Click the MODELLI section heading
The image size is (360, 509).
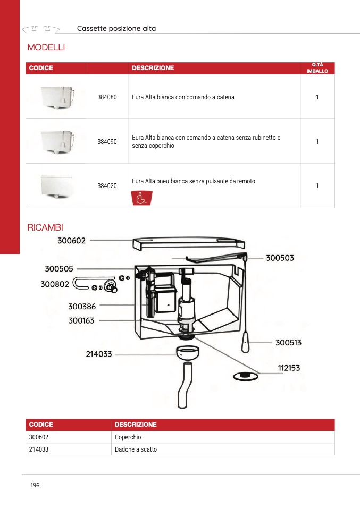click(x=46, y=48)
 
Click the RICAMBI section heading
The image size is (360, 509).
click(x=45, y=228)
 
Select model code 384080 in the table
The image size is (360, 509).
click(x=107, y=97)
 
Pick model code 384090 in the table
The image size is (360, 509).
click(x=107, y=142)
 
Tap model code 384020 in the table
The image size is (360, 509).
click(x=107, y=186)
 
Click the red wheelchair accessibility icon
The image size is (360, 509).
click(x=141, y=198)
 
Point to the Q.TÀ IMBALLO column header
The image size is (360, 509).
click(x=317, y=68)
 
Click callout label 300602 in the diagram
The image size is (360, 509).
click(x=71, y=241)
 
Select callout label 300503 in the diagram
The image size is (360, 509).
click(x=280, y=258)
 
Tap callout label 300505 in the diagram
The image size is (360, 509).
click(x=59, y=269)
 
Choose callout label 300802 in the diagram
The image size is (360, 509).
click(x=55, y=284)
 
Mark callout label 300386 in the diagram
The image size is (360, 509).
click(x=82, y=306)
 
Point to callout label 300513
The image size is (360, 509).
click(x=288, y=343)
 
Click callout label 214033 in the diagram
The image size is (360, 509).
click(x=99, y=354)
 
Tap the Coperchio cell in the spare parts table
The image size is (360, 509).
click(x=128, y=437)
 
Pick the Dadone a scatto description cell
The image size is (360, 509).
click(x=136, y=449)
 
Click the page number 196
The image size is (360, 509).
click(x=35, y=485)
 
